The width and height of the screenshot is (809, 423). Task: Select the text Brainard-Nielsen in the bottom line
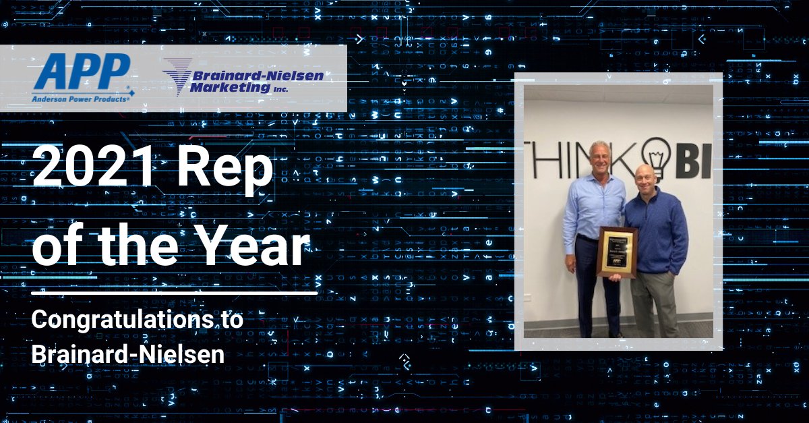coord(127,354)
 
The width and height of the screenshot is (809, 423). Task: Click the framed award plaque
coord(616,252)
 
